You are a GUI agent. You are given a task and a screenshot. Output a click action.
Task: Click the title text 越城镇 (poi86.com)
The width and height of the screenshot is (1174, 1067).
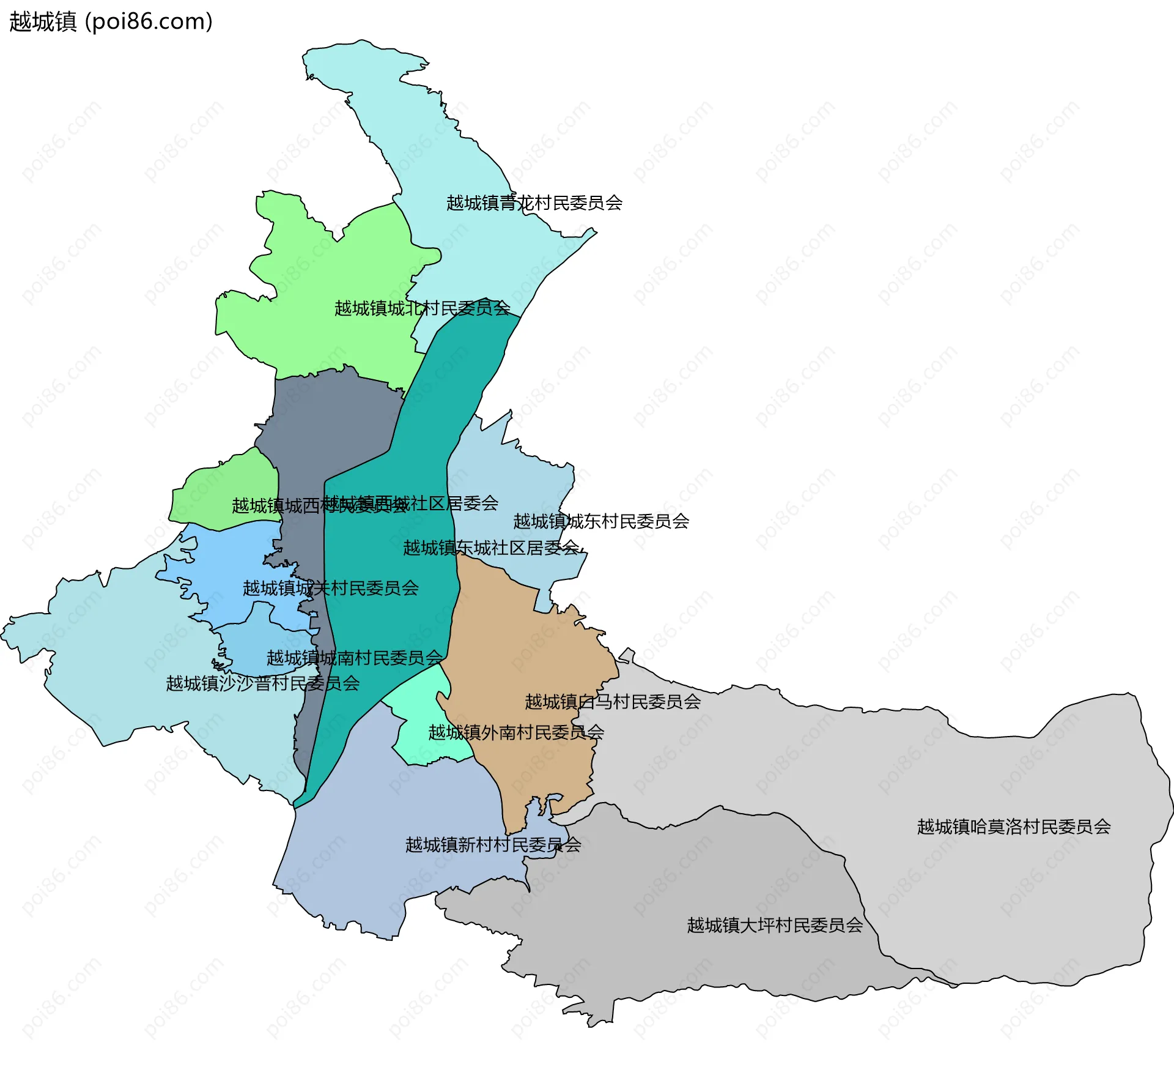tap(111, 21)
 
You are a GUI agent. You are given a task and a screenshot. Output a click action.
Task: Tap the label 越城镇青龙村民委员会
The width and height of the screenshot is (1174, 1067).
tap(534, 203)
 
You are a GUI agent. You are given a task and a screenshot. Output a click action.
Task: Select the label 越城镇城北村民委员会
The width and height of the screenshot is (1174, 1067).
tap(422, 308)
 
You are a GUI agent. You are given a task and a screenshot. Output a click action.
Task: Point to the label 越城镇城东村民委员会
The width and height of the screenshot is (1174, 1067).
tap(601, 521)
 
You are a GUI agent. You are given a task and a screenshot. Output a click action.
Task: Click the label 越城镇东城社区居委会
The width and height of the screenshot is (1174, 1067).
tap(490, 548)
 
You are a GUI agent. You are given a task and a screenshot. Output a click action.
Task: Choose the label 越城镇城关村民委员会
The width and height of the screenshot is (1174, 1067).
tap(330, 588)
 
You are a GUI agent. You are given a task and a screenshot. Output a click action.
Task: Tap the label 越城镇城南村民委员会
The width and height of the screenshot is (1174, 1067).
tap(354, 658)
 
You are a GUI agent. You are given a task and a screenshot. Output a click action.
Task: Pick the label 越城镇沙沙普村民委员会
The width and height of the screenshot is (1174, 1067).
tap(262, 683)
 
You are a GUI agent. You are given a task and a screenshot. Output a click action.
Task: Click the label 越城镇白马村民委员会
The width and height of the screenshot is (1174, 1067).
tap(613, 702)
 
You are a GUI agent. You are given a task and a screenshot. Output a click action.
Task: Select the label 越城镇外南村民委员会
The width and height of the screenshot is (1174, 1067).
tap(515, 732)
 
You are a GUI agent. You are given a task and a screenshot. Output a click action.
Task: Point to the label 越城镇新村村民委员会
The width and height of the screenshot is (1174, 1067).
tap(493, 845)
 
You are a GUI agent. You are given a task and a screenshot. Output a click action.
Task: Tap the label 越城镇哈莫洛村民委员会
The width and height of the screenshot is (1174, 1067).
tap(1014, 827)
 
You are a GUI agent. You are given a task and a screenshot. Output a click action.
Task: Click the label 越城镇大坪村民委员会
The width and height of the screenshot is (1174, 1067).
tap(775, 925)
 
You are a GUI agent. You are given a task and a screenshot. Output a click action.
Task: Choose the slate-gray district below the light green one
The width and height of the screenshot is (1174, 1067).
tap(330, 416)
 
